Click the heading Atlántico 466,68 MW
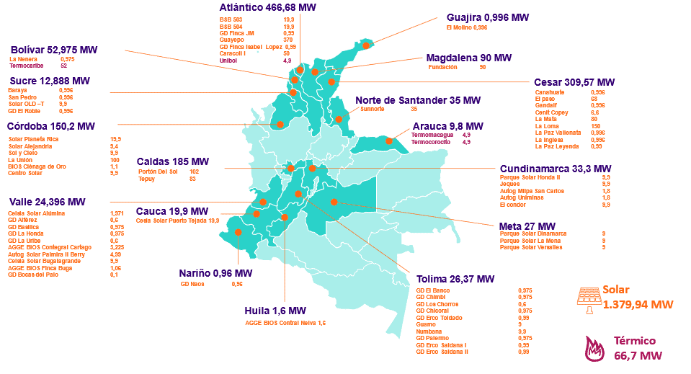tap(267, 7)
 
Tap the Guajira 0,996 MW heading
tap(488, 17)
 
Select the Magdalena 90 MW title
tap(468, 57)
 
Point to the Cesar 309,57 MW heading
tap(574, 82)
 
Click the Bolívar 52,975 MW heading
tap(54, 49)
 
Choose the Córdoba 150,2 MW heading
tap(50, 126)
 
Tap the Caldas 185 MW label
tap(173, 161)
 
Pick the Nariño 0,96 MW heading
tap(215, 273)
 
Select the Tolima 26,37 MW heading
tap(455, 279)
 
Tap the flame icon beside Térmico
tap(592, 349)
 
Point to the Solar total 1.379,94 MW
tap(638, 304)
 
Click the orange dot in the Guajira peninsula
tap(366, 45)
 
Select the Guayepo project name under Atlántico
tap(231, 40)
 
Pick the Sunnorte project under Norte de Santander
tap(372, 109)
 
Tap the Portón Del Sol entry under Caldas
tap(158, 172)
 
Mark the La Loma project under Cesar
tap(545, 125)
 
